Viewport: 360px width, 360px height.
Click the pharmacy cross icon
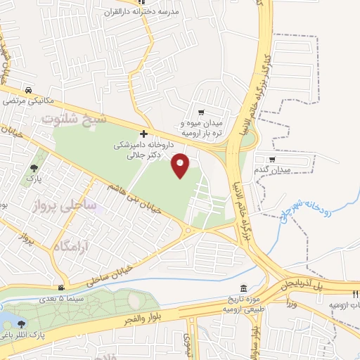[144, 134]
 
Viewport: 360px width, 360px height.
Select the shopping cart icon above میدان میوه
[202, 112]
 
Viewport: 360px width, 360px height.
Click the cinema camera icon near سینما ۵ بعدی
[64, 288]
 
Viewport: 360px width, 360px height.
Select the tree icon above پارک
[34, 168]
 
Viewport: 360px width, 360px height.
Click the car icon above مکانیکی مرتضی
[27, 91]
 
